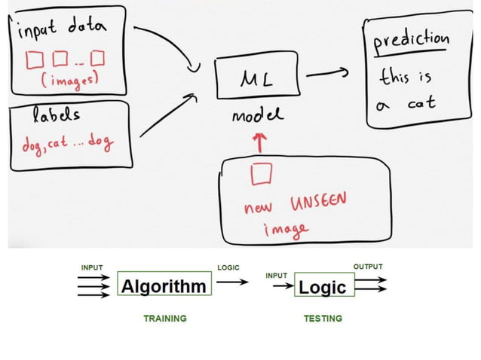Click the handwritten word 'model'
point(258,115)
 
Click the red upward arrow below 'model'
point(260,141)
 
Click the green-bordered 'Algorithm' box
point(164,286)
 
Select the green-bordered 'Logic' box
point(322,287)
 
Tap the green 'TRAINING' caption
point(164,319)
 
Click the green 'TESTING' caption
point(323,319)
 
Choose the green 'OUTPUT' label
point(368,267)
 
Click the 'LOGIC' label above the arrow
point(228,267)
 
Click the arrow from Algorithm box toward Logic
point(235,284)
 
